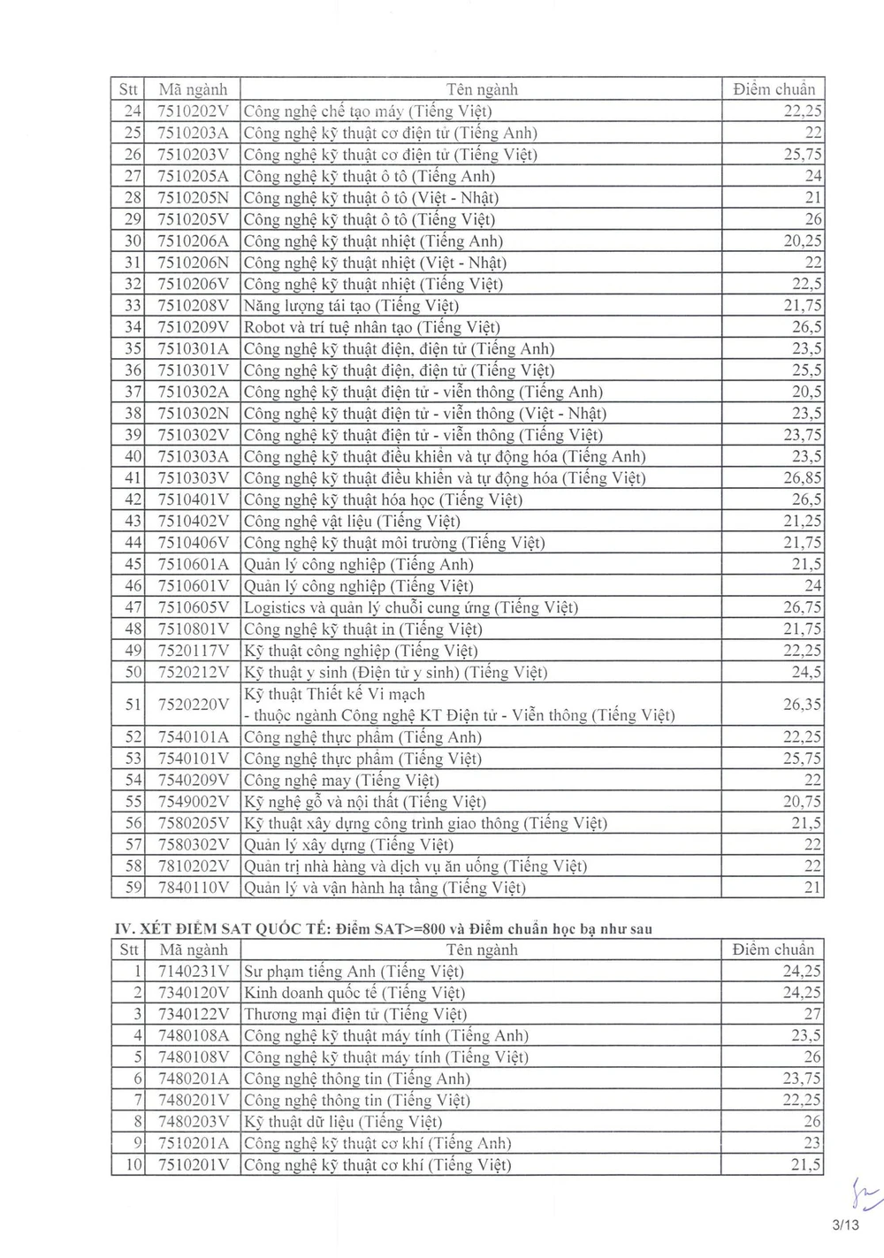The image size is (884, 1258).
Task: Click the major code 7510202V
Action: click(193, 111)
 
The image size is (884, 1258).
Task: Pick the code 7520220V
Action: click(193, 705)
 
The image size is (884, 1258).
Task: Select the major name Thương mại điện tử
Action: click(354, 1014)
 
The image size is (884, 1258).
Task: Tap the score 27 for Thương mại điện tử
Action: click(812, 1014)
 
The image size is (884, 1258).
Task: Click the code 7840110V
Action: click(193, 888)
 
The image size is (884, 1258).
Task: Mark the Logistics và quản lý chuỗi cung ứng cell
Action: click(410, 607)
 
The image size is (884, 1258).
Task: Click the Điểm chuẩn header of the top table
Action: click(774, 89)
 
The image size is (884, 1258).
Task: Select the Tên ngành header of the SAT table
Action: click(482, 950)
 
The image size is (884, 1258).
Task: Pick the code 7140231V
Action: click(193, 972)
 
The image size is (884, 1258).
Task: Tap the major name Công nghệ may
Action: click(341, 780)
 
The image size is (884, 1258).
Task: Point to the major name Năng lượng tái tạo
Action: click(351, 306)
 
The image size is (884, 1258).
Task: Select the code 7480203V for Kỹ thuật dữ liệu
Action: click(193, 1122)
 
